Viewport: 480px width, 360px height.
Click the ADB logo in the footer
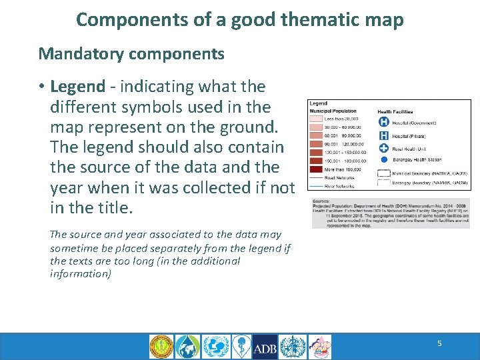[265, 347]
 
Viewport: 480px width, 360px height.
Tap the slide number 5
[439, 343]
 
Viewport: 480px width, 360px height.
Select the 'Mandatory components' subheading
[131, 53]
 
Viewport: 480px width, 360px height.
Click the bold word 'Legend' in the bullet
[77, 87]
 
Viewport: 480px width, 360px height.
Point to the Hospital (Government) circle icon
[383, 122]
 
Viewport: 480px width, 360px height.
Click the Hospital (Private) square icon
[383, 135]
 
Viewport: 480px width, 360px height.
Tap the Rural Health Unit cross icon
[383, 148]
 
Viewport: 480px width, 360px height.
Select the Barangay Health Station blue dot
[383, 160]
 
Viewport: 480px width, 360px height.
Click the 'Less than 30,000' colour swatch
[316, 119]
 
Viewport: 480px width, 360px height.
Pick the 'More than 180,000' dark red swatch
[316, 169]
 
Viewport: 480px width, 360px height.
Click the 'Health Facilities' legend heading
[395, 111]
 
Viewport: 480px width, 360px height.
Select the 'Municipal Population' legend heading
[333, 111]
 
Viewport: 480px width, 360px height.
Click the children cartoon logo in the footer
[319, 347]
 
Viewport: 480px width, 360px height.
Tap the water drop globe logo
[188, 347]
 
